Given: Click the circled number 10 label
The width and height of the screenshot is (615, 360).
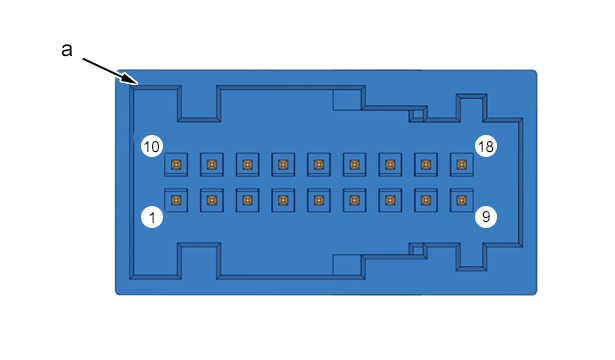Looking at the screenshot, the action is click(152, 146).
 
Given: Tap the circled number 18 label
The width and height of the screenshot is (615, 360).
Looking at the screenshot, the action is click(486, 146).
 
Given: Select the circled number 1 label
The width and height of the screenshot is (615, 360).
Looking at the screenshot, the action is click(152, 217).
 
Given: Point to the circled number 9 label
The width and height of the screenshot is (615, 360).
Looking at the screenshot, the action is click(486, 217).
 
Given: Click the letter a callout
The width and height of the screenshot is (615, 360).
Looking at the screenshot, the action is click(67, 50).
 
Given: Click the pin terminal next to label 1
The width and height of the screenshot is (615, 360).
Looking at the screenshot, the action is click(176, 200).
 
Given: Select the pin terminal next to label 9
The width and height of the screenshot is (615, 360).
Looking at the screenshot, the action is click(462, 200).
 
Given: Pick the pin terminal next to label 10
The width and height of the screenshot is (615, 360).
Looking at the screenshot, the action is click(176, 164).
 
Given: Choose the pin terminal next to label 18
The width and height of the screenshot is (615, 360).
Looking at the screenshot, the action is click(462, 164).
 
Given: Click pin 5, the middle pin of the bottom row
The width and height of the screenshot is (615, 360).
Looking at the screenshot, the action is click(319, 200).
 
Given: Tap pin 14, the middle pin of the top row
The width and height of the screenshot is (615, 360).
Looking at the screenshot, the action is click(319, 164).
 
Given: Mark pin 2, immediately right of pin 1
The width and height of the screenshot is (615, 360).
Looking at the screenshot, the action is click(212, 200).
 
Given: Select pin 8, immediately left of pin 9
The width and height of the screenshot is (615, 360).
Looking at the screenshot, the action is click(426, 200).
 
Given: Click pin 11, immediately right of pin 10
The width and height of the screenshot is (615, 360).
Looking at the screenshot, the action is click(212, 164).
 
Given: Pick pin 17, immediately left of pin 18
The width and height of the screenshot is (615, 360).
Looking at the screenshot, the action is click(426, 164).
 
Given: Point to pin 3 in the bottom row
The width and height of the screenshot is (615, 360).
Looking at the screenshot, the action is click(247, 200).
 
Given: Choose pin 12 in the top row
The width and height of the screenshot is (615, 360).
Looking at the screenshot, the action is click(247, 164).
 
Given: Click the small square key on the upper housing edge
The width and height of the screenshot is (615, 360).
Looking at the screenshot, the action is click(418, 115).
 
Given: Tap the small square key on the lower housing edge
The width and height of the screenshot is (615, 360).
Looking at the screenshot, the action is click(418, 250).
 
